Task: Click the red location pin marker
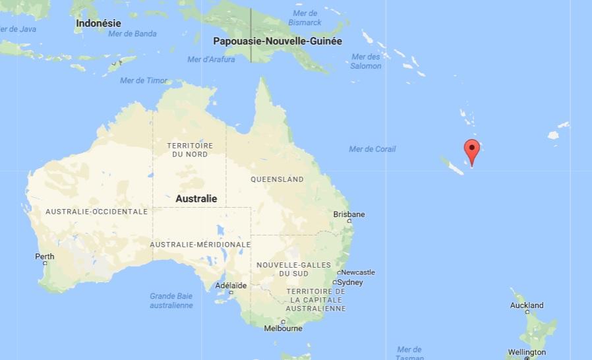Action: [x=471, y=151]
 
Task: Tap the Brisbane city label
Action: [x=349, y=214]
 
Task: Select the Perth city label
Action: [x=45, y=256]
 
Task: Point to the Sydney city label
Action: [x=350, y=282]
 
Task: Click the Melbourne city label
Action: [x=283, y=328]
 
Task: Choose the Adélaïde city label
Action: [x=231, y=285]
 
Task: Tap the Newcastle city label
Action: [x=357, y=272]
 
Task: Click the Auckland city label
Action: [x=527, y=305]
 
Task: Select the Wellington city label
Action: [x=526, y=352]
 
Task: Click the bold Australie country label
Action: [x=196, y=198]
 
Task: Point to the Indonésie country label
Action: [x=98, y=23]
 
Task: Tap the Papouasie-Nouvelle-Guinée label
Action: [x=278, y=41]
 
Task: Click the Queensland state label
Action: [x=277, y=179]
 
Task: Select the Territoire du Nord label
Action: [x=190, y=150]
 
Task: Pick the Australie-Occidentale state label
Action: [x=96, y=212]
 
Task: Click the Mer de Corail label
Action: [x=372, y=149]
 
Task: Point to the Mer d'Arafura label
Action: [x=211, y=59]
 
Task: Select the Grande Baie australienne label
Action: [x=171, y=301]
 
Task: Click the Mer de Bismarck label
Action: [x=305, y=18]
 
